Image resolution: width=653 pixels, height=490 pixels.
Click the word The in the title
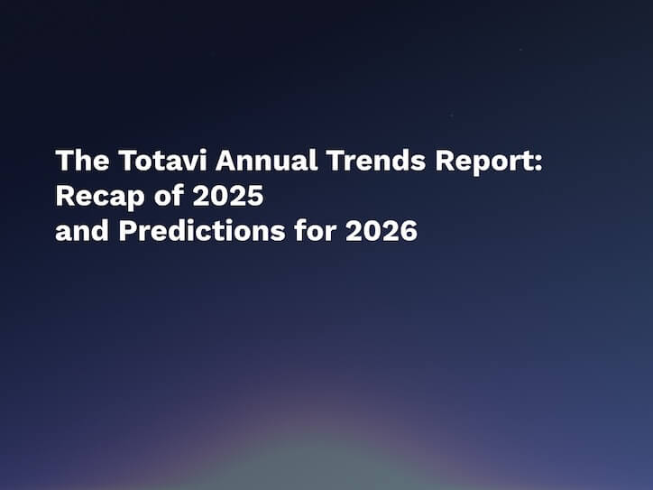click(81, 162)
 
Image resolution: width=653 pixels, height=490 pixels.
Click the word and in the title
click(82, 231)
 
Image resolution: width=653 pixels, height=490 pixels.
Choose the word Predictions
click(197, 231)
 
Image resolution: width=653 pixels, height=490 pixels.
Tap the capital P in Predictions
click(127, 231)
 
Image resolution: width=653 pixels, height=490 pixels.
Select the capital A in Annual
click(227, 162)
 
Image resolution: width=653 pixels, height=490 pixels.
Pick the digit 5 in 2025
click(254, 196)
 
